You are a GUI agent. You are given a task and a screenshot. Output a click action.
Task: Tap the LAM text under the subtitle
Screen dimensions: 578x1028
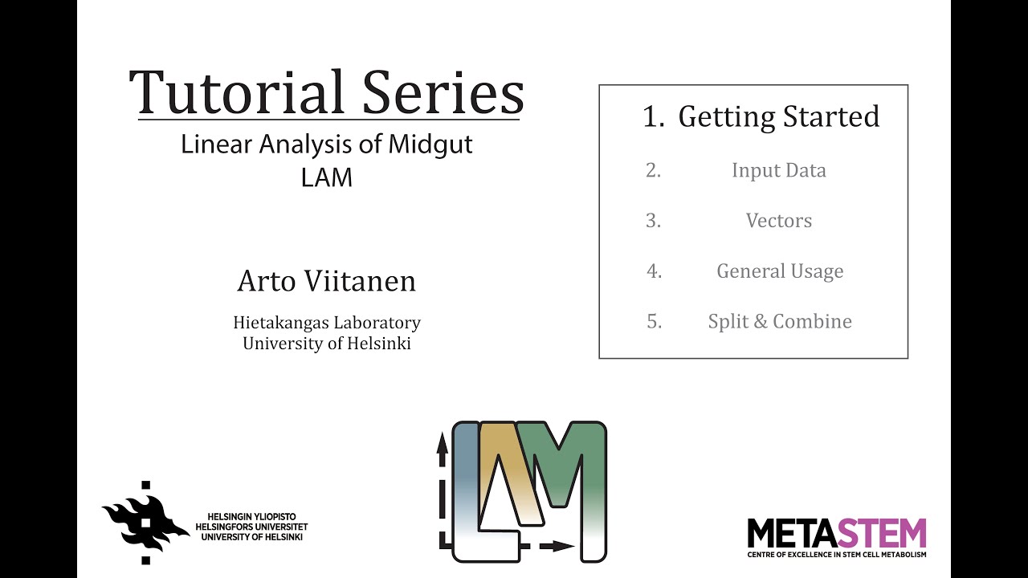point(327,177)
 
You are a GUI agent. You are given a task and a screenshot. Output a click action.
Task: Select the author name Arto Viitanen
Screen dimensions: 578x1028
point(327,281)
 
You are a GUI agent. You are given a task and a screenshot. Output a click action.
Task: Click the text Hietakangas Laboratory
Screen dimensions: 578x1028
point(327,323)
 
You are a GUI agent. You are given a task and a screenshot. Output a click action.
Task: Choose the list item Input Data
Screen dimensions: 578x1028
point(778,170)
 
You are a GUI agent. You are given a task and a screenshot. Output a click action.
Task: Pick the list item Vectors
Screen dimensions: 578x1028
point(778,221)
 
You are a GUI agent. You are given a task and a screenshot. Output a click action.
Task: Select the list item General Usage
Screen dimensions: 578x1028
point(780,271)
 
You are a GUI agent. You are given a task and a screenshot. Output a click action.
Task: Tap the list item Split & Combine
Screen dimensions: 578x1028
point(780,321)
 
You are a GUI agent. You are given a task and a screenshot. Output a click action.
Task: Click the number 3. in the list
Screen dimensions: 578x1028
point(654,221)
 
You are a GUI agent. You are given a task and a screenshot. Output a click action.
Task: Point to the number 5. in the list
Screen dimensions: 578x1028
point(654,321)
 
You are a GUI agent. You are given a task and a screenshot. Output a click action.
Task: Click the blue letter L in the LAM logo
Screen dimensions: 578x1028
point(466,482)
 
